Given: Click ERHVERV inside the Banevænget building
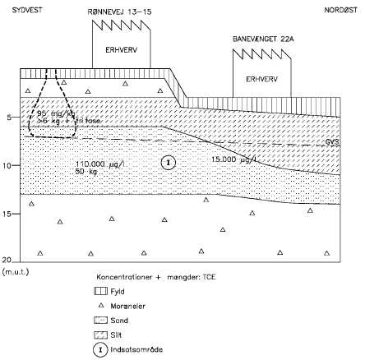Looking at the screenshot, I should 263,80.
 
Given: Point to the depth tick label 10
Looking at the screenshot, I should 7,165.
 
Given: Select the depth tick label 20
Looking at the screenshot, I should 7,260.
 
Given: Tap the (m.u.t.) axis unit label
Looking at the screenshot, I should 16,270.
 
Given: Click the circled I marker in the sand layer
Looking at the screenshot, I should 169,162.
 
